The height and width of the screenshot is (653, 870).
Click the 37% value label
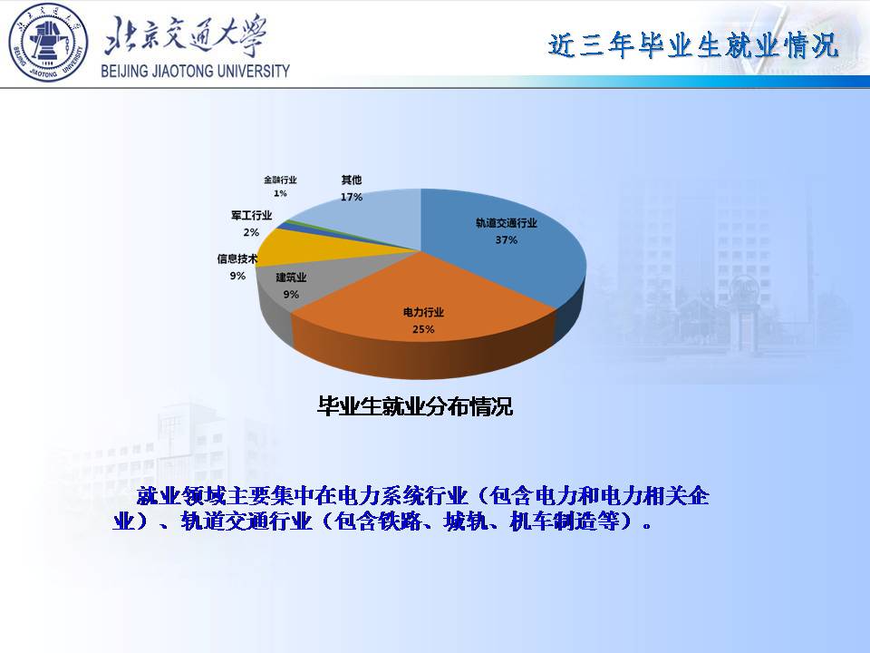click(506, 239)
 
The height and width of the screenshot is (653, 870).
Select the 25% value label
click(423, 329)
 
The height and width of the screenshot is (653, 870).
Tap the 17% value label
click(352, 197)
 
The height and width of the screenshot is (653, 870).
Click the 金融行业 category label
click(280, 180)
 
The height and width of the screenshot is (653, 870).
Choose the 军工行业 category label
click(251, 216)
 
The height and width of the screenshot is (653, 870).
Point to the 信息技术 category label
click(237, 258)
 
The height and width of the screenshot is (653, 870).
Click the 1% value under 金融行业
click(280, 193)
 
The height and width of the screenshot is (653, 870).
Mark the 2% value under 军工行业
click(251, 232)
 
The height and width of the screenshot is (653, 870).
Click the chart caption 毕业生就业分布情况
click(414, 406)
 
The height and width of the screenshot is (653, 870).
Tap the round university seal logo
click(48, 43)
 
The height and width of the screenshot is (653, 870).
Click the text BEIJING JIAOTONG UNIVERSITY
click(196, 71)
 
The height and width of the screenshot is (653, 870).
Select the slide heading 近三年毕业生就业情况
click(693, 45)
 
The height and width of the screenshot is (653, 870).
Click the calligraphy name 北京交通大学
click(186, 35)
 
